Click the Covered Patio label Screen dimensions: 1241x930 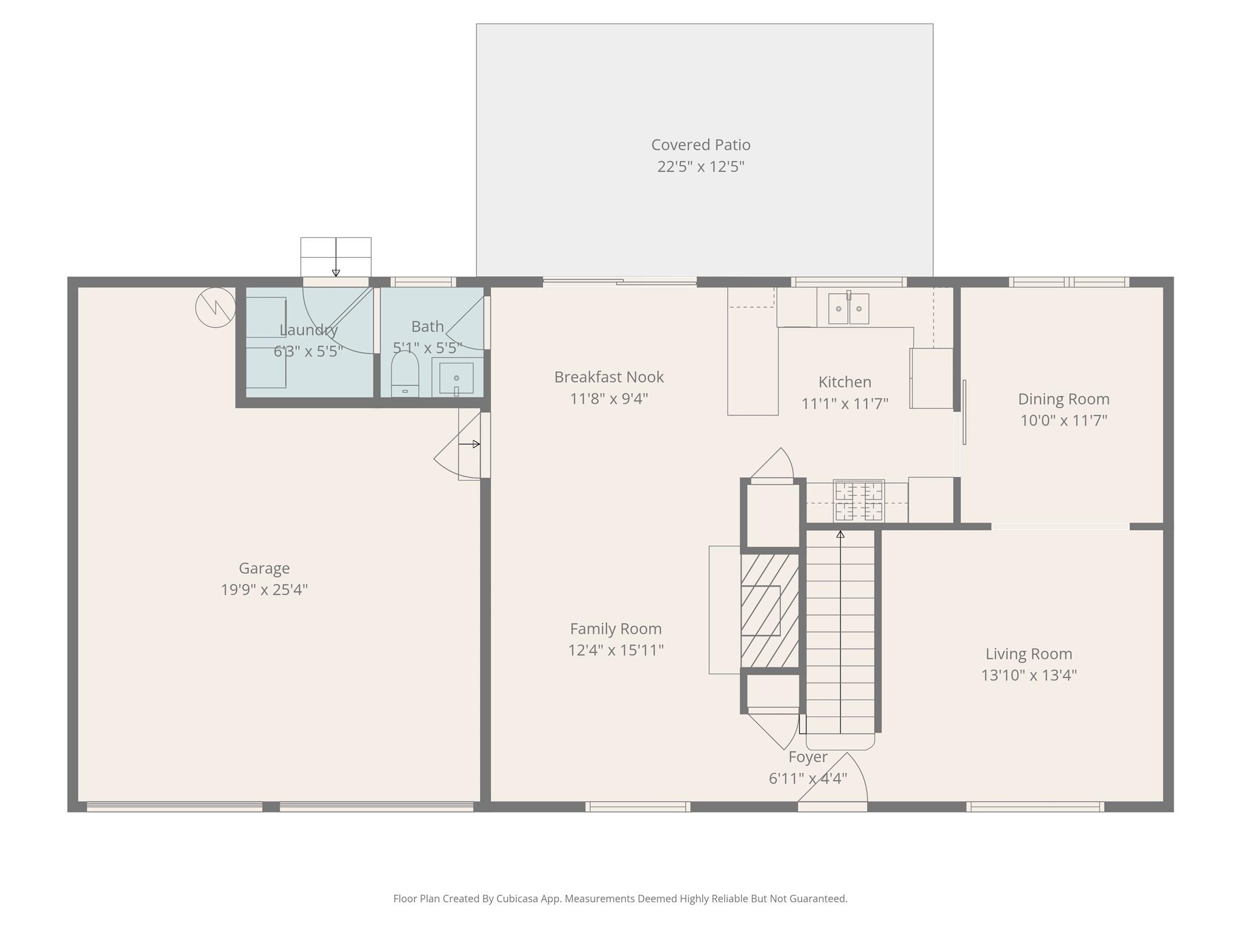point(700,145)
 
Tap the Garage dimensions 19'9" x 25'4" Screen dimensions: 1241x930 point(264,590)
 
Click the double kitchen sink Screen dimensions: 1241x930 point(848,308)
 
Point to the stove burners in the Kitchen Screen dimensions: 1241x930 point(859,501)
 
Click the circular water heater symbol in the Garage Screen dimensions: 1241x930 point(215,308)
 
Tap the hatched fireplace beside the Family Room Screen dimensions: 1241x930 point(770,610)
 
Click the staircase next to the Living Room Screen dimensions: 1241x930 point(840,630)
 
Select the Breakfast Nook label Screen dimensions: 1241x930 point(609,377)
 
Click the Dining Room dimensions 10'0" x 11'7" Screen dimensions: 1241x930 point(1063,420)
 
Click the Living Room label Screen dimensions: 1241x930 point(1028,654)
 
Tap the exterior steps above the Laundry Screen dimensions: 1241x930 point(336,256)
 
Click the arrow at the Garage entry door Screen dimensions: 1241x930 point(469,444)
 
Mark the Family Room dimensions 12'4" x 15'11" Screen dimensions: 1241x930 point(616,650)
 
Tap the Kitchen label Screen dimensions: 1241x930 point(845,382)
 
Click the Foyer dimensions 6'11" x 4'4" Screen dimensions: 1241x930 point(808,779)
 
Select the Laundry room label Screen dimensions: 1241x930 point(308,330)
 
